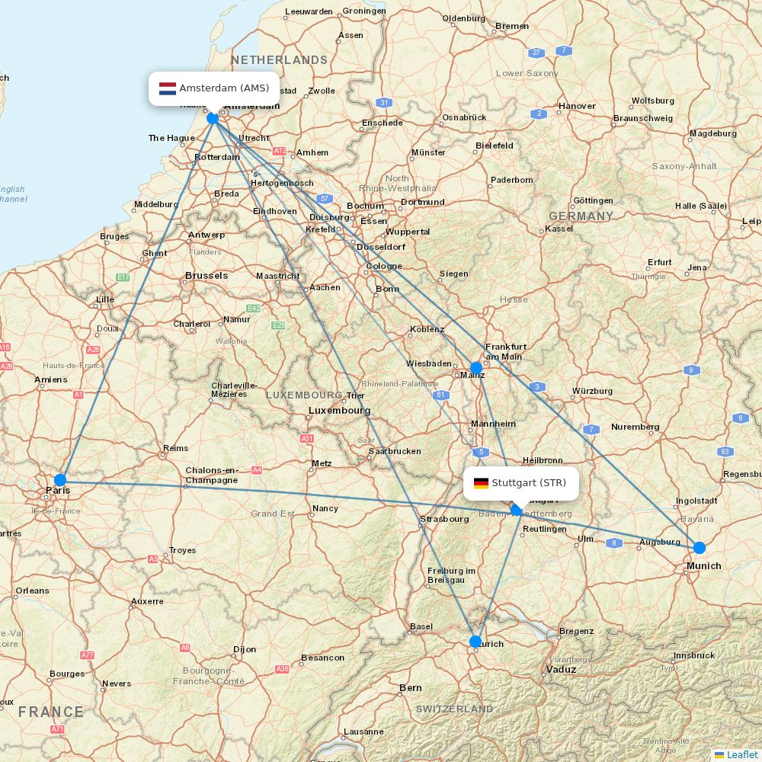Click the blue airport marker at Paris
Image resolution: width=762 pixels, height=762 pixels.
click(60, 479)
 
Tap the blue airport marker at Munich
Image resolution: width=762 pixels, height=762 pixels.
click(699, 547)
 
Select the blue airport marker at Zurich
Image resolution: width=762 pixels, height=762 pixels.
click(475, 641)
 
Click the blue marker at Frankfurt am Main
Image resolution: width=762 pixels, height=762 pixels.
click(476, 367)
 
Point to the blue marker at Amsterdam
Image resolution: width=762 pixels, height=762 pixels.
click(213, 118)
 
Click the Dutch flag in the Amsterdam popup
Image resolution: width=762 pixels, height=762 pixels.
click(168, 88)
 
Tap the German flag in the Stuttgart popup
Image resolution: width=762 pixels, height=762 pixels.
click(481, 483)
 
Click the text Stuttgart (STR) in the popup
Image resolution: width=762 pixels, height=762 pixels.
click(529, 483)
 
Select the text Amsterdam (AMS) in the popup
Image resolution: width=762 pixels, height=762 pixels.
click(224, 88)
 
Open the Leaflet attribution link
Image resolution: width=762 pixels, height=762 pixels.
click(741, 754)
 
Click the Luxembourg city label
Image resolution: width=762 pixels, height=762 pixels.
click(339, 411)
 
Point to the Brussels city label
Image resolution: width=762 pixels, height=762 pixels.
click(207, 276)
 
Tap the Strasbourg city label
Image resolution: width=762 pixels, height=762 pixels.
click(443, 519)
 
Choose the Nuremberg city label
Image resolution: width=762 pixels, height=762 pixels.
click(635, 427)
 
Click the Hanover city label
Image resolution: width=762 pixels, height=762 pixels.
click(577, 106)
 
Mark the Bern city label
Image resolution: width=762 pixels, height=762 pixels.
click(411, 687)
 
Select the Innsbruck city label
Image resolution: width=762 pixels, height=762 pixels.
click(693, 655)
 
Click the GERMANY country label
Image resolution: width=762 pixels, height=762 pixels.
click(581, 216)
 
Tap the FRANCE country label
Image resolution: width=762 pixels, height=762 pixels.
click(51, 712)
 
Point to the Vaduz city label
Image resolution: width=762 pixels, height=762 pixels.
click(561, 669)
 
